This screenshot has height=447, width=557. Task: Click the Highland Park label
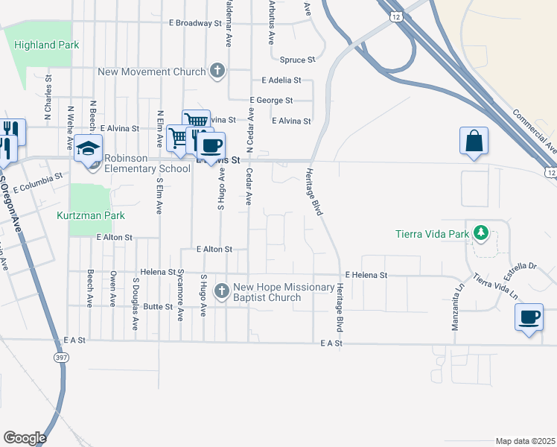tap(46, 45)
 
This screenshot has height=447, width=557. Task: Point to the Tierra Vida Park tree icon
tap(481, 233)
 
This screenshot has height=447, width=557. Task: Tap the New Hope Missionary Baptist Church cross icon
tap(222, 292)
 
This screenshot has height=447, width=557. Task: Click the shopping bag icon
tap(474, 140)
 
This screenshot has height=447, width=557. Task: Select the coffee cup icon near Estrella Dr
tap(529, 317)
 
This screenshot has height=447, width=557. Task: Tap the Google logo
tap(25, 438)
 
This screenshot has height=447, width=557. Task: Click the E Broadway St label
tap(196, 23)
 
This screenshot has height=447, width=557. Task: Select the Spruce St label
tap(297, 59)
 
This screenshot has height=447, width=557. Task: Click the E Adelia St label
tap(281, 80)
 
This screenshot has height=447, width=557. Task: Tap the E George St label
tap(271, 100)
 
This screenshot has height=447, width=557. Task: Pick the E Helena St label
tap(366, 275)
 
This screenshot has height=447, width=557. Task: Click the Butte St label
tap(158, 306)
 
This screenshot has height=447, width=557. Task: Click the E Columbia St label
tap(38, 183)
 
